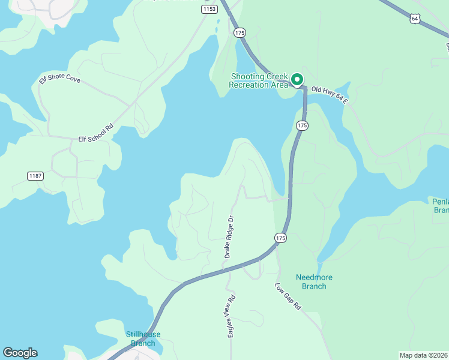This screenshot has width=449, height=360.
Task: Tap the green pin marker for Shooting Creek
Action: coord(297,79)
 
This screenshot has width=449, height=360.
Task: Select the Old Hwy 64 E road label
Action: coord(330,95)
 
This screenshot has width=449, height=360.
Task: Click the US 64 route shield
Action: coord(415,19)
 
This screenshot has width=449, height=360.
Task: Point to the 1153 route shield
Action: coord(209,9)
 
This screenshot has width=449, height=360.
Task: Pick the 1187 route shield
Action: coord(35,175)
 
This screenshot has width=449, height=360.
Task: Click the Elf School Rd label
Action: coord(96,133)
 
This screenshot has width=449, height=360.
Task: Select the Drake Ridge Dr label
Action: coord(228,238)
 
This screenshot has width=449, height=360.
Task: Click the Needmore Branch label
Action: coord(314,281)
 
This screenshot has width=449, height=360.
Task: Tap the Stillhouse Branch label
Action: coord(143,338)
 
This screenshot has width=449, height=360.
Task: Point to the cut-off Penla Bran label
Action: coord(441,205)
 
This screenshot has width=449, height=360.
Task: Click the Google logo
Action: coord(20,353)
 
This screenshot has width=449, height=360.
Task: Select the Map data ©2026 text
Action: coord(424,355)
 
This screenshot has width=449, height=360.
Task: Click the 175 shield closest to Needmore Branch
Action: coord(280,238)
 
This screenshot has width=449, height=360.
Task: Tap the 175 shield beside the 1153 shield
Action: coord(240,32)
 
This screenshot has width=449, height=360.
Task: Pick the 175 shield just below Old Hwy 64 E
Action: coord(302,125)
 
